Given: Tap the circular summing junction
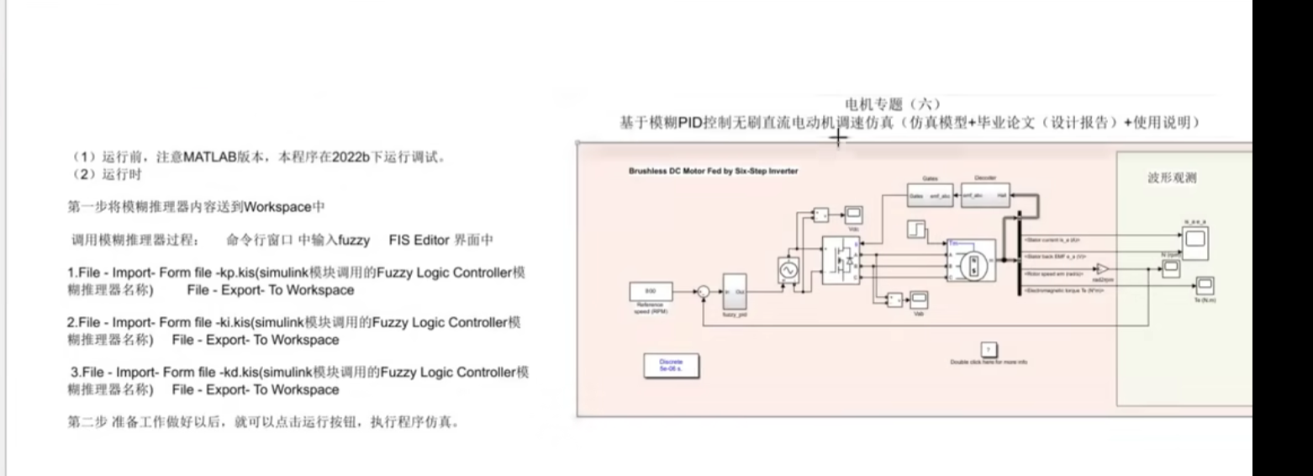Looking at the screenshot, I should tap(703, 292).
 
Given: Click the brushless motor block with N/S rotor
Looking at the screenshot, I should tap(973, 263).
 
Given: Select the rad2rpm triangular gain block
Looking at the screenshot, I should tap(1102, 268).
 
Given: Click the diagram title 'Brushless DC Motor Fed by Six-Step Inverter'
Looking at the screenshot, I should tap(713, 171).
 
